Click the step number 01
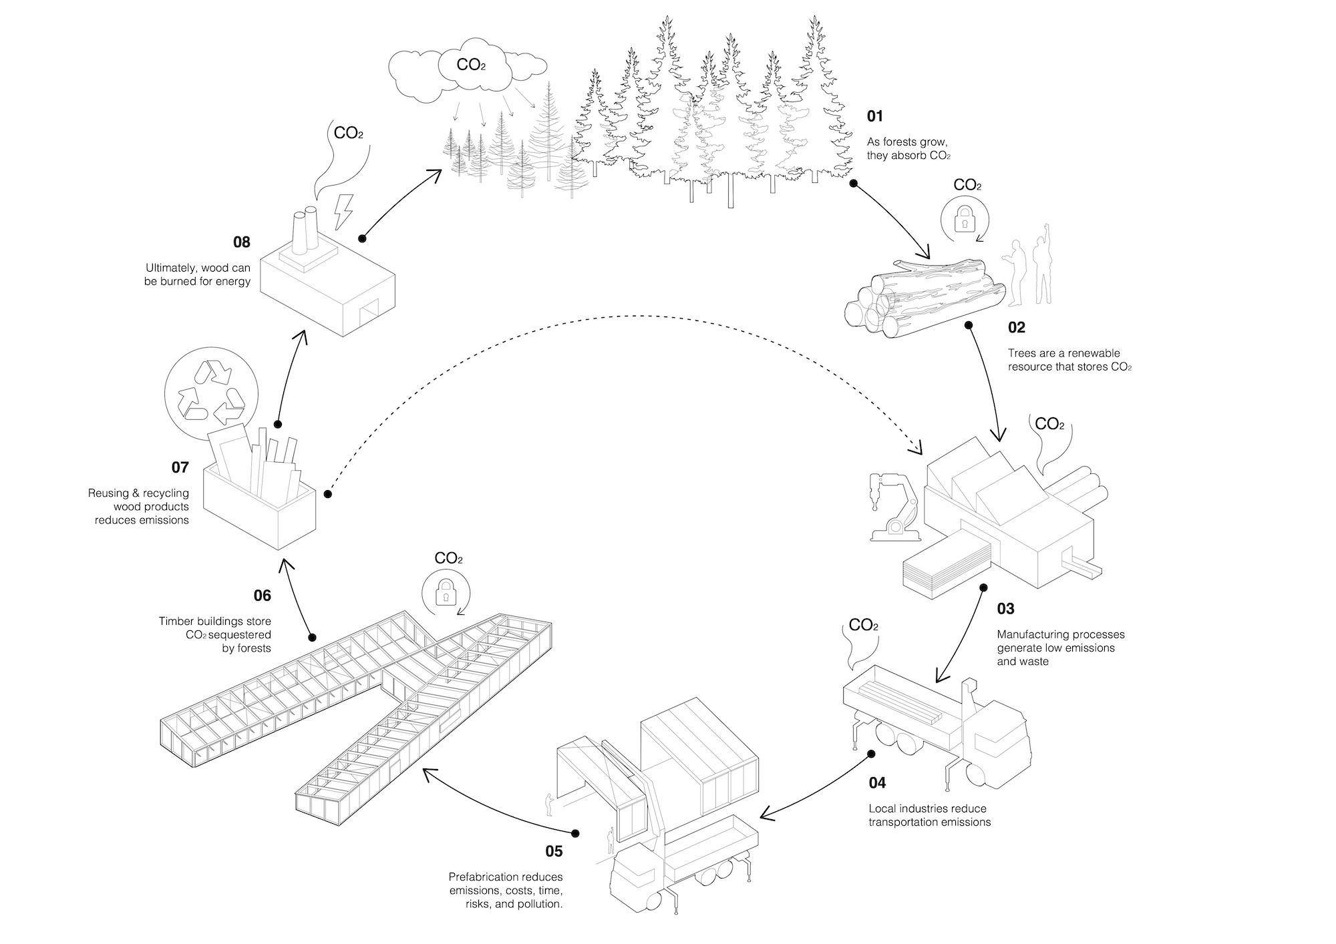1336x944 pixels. [x=874, y=116]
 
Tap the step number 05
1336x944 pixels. [x=554, y=851]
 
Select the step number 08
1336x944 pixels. [x=241, y=242]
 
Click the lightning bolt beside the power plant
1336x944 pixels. [x=343, y=212]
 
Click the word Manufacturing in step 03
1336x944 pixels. [x=1030, y=634]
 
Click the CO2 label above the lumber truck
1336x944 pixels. [x=863, y=626]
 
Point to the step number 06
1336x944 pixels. [x=262, y=595]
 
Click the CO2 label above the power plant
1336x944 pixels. [x=348, y=133]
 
